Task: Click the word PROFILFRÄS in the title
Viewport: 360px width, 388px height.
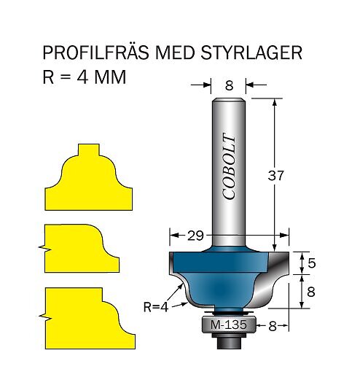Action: pos(96,52)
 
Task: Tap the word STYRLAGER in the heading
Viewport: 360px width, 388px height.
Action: pos(251,53)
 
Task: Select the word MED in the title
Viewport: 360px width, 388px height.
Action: pos(175,53)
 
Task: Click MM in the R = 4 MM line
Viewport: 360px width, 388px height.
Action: pos(110,77)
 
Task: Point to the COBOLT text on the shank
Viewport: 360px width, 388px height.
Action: pos(228,166)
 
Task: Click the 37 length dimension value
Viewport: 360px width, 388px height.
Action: pos(275,176)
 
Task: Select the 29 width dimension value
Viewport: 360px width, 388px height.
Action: pos(195,236)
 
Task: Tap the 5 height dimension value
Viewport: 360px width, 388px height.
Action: pos(312,263)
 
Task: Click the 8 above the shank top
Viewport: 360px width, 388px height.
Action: pos(230,85)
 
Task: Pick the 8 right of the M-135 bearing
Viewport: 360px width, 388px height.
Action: pos(273,327)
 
